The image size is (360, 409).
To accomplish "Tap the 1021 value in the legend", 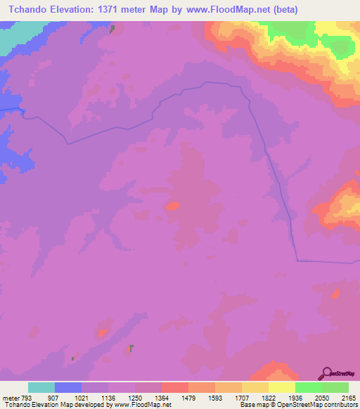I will click(x=95, y=396).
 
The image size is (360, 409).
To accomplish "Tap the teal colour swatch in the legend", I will click(x=41, y=387).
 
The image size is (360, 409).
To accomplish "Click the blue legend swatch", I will click(x=68, y=387).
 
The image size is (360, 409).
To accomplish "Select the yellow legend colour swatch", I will click(x=282, y=387).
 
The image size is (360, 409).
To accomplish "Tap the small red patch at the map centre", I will click(x=172, y=207).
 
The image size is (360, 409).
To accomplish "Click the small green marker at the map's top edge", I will click(x=112, y=28).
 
